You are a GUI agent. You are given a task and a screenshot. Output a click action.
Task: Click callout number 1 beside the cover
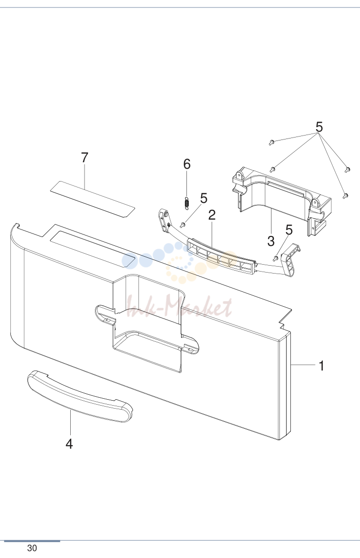[321, 366]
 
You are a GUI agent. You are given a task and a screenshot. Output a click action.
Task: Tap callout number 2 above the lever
[212, 215]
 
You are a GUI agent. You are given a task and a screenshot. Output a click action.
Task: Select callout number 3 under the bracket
[270, 241]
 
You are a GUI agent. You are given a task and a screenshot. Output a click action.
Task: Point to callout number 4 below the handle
[69, 444]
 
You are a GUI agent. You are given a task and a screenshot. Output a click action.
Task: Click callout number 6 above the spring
[187, 164]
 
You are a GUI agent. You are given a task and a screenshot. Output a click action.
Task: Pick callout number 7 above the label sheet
[84, 157]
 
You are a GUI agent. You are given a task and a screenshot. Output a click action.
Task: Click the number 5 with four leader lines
[319, 127]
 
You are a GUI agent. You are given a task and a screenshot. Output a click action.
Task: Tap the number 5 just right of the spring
[203, 198]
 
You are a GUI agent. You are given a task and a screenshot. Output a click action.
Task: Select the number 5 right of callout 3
[289, 230]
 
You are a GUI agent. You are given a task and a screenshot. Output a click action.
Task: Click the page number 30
[32, 548]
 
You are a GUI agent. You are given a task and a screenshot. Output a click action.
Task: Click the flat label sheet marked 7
[92, 199]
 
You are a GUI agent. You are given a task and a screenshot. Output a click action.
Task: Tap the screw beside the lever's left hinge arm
[182, 225]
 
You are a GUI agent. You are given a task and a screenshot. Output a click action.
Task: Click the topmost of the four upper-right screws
[272, 142]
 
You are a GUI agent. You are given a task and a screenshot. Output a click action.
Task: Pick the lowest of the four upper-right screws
[345, 196]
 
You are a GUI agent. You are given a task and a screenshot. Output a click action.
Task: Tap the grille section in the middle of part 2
[221, 257]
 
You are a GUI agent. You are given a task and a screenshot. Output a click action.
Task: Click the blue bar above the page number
[32, 541]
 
